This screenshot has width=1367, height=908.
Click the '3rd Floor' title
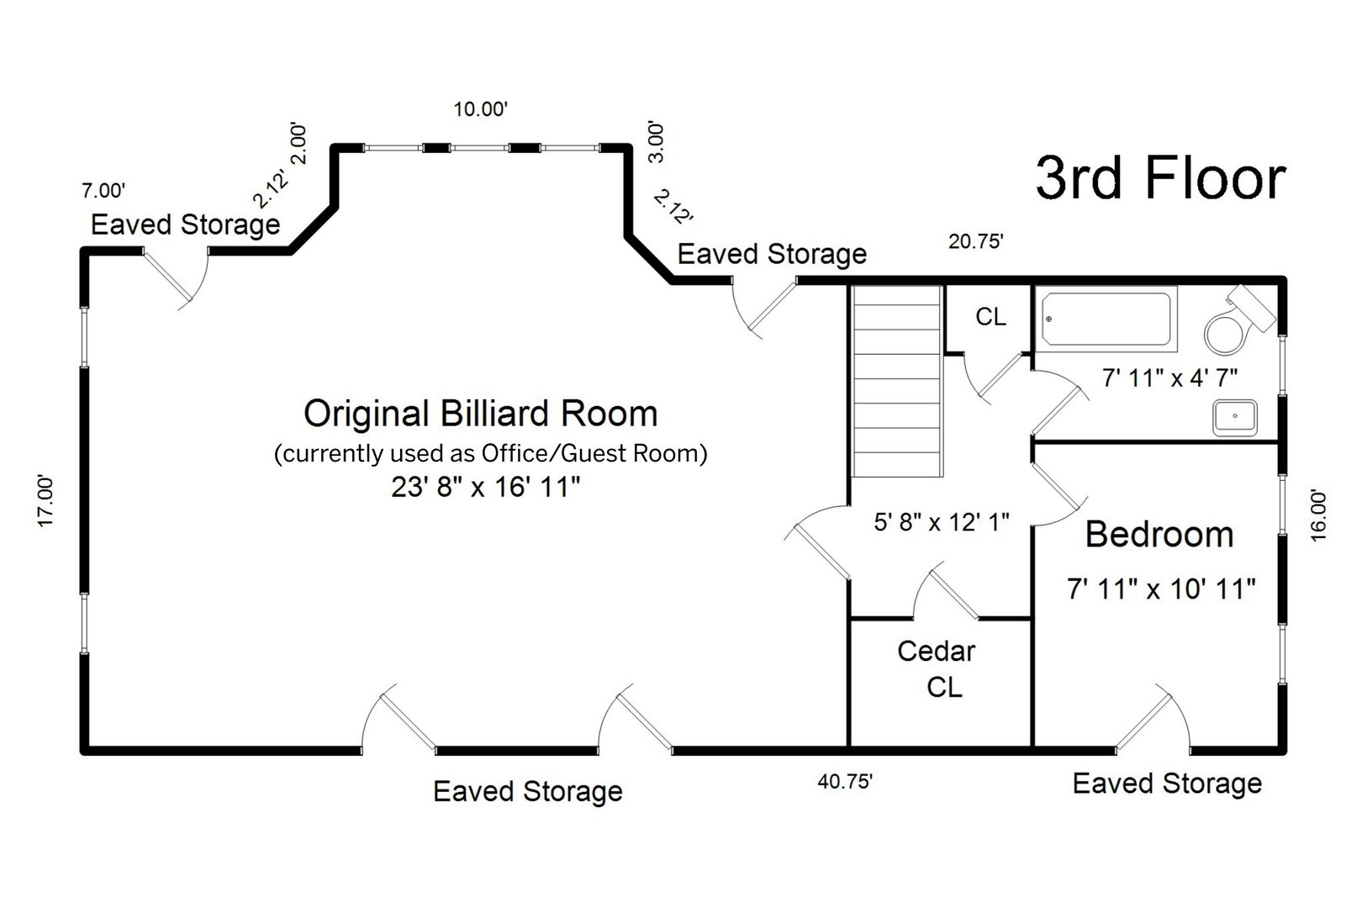tap(1160, 178)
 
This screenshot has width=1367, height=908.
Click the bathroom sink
tap(1234, 417)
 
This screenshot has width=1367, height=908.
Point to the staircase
tap(896, 380)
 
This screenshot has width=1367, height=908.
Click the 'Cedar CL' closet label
tap(937, 668)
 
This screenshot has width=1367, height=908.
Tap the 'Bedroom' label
tap(1159, 535)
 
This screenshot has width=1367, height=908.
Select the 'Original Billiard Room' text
tap(480, 414)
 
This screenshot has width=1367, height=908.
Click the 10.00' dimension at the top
tap(481, 109)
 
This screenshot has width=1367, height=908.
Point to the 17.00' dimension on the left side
tap(46, 501)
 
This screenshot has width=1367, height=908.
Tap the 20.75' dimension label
tap(976, 242)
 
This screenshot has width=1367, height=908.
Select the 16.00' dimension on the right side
tap(1317, 515)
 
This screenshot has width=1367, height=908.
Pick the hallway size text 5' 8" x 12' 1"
tap(941, 523)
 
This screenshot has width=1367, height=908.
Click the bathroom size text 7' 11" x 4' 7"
tap(1169, 377)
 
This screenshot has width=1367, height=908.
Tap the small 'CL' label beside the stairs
tap(990, 317)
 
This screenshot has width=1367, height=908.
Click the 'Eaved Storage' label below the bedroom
tap(1167, 784)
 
